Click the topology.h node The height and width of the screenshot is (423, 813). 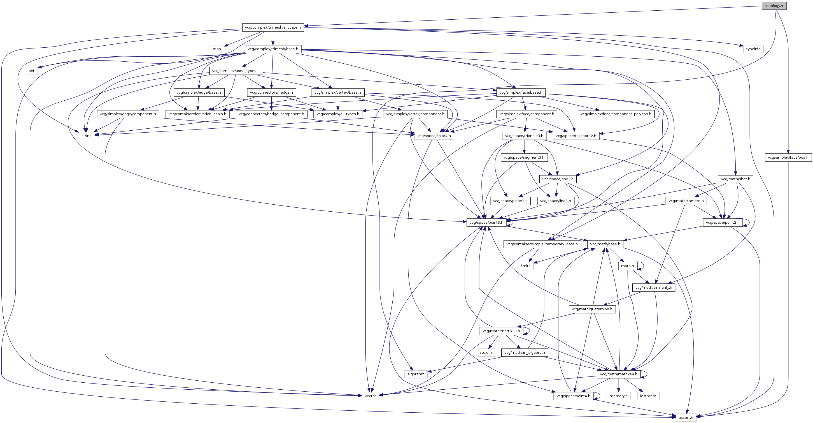click(774, 6)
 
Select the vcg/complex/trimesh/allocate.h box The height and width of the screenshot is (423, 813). click(273, 27)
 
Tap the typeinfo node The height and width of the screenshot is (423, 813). click(753, 49)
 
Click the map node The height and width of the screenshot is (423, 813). click(217, 49)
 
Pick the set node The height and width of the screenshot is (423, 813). click(32, 71)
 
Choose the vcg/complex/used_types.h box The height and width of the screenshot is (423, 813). click(236, 71)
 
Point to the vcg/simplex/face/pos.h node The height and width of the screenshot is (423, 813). click(788, 157)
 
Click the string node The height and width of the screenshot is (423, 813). click(87, 136)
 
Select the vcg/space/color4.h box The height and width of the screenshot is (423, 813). click(434, 136)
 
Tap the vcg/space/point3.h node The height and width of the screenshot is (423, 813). click(486, 222)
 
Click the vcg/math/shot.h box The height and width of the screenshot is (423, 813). click(735, 179)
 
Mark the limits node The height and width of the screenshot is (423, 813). click(525, 266)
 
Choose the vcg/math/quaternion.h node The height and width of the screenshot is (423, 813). click(592, 309)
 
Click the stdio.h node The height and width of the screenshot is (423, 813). click(486, 353)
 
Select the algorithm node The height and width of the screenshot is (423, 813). click(416, 374)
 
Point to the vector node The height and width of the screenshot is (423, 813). click(370, 396)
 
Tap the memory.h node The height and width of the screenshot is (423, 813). click(618, 396)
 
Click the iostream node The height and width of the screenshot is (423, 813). click(648, 396)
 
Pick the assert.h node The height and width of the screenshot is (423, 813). click(686, 417)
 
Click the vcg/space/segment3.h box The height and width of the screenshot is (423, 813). click(524, 157)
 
